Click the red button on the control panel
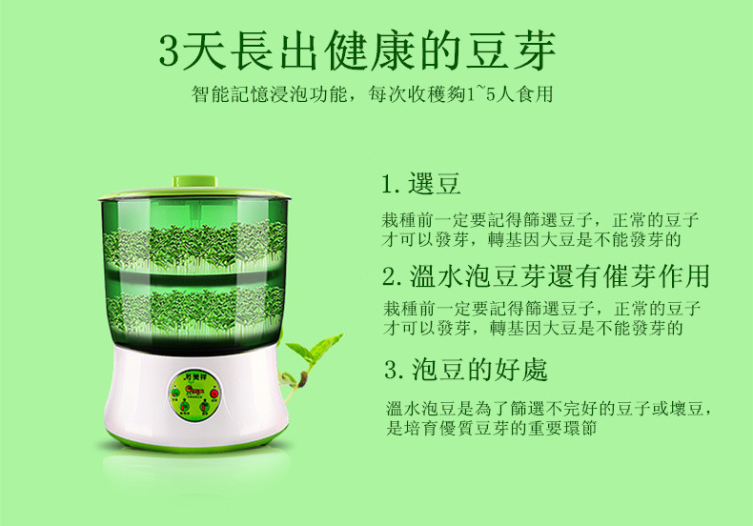[214, 394]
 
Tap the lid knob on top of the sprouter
[195, 181]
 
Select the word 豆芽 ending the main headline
[512, 51]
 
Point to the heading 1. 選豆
[421, 183]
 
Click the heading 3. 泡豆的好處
[466, 370]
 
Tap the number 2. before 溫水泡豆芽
[393, 277]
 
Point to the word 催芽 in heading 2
[630, 276]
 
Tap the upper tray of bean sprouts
[194, 246]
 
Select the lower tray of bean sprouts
[194, 310]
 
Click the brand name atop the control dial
[194, 377]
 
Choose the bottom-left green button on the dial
[185, 407]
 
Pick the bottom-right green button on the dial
[205, 407]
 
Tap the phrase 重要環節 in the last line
[562, 428]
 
